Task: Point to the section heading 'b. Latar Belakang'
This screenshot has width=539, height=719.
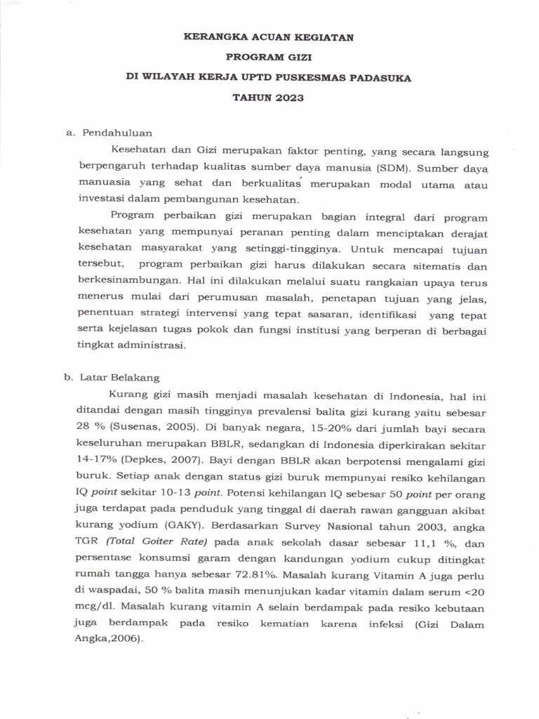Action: click(112, 376)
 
